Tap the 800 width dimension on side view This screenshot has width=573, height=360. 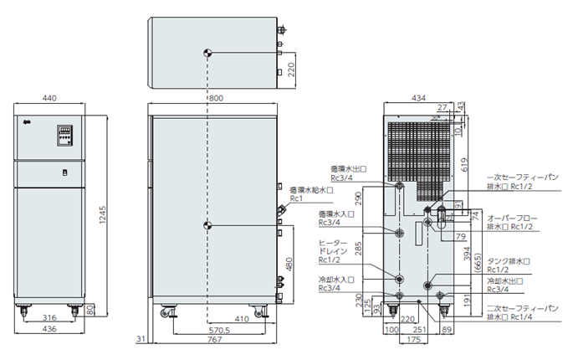point(217,99)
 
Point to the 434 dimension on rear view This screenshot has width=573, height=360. point(417,99)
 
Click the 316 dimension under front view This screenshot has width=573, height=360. point(49,318)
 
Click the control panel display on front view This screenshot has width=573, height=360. point(64,133)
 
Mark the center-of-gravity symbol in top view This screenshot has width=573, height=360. point(207,52)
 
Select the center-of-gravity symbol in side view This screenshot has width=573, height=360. point(207,225)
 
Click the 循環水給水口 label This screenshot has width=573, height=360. point(311,191)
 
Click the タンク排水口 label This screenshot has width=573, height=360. point(506,261)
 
